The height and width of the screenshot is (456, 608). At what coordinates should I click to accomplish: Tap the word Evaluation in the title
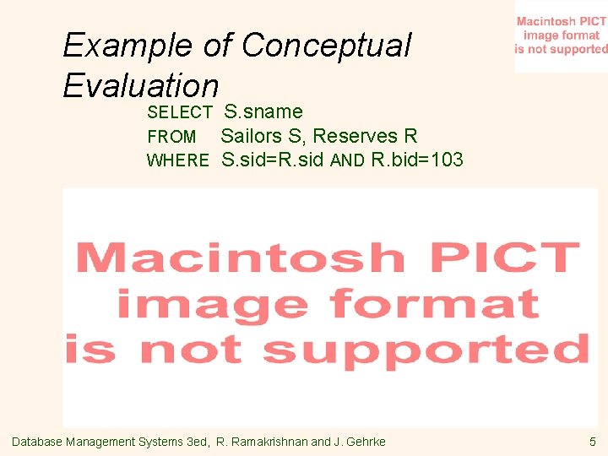(x=141, y=85)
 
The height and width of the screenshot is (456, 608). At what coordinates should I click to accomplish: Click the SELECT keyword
(x=180, y=112)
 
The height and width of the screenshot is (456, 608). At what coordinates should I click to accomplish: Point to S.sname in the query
(x=263, y=111)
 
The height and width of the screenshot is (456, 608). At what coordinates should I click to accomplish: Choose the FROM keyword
(x=171, y=137)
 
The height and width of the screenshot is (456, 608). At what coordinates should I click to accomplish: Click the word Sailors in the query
(x=252, y=136)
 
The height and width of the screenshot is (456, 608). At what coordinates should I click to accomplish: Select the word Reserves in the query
(x=356, y=136)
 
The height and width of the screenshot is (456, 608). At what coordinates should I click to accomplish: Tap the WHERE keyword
(x=177, y=160)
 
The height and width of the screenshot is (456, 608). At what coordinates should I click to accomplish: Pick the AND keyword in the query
(x=347, y=160)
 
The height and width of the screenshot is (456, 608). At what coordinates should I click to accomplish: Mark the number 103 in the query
(x=447, y=160)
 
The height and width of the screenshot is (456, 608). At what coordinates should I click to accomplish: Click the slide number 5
(x=593, y=442)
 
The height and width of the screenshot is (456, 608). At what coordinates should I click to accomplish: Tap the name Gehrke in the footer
(x=367, y=442)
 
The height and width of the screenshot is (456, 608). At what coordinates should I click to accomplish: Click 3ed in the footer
(x=198, y=442)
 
